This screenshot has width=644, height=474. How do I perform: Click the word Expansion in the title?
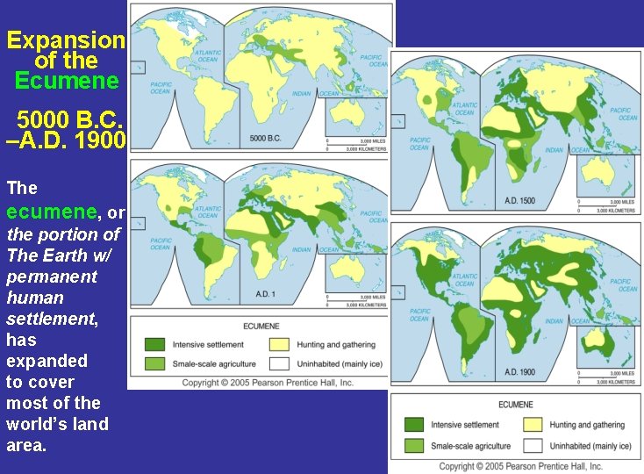coord(66,40)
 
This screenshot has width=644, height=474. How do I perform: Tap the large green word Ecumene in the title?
coord(66,81)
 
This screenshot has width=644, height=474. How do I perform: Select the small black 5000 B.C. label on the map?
coord(265,139)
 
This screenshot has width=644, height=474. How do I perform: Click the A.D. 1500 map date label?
coord(519,200)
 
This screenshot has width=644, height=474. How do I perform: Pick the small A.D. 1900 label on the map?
coord(519,372)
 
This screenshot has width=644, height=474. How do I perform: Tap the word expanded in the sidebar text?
coord(47,361)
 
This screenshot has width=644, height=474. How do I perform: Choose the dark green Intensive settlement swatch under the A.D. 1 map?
coord(155,345)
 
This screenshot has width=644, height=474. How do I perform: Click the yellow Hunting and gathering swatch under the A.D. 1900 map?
coord(533,425)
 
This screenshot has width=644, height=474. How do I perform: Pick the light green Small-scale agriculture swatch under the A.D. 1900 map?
coord(413,446)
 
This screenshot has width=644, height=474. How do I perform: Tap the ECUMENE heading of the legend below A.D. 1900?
coord(517,405)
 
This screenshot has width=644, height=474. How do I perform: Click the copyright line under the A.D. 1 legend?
coord(267,383)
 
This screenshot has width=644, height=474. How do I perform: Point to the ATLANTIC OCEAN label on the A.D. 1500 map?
coord(464,109)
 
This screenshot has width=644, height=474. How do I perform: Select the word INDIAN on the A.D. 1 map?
coord(301,249)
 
